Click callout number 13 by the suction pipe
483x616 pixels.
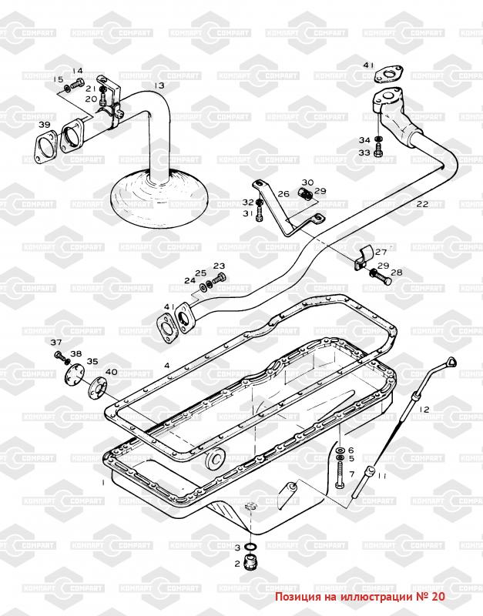[x=159, y=85]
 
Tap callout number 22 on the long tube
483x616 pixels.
[x=421, y=204]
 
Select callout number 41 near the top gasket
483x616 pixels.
[x=368, y=65]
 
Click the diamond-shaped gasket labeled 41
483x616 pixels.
[x=389, y=75]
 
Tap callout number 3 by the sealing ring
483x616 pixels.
[x=238, y=547]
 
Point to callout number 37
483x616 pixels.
[x=55, y=342]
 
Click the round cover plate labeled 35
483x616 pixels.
[x=74, y=379]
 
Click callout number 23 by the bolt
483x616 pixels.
[x=219, y=266]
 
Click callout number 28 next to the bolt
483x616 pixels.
[x=396, y=273]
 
